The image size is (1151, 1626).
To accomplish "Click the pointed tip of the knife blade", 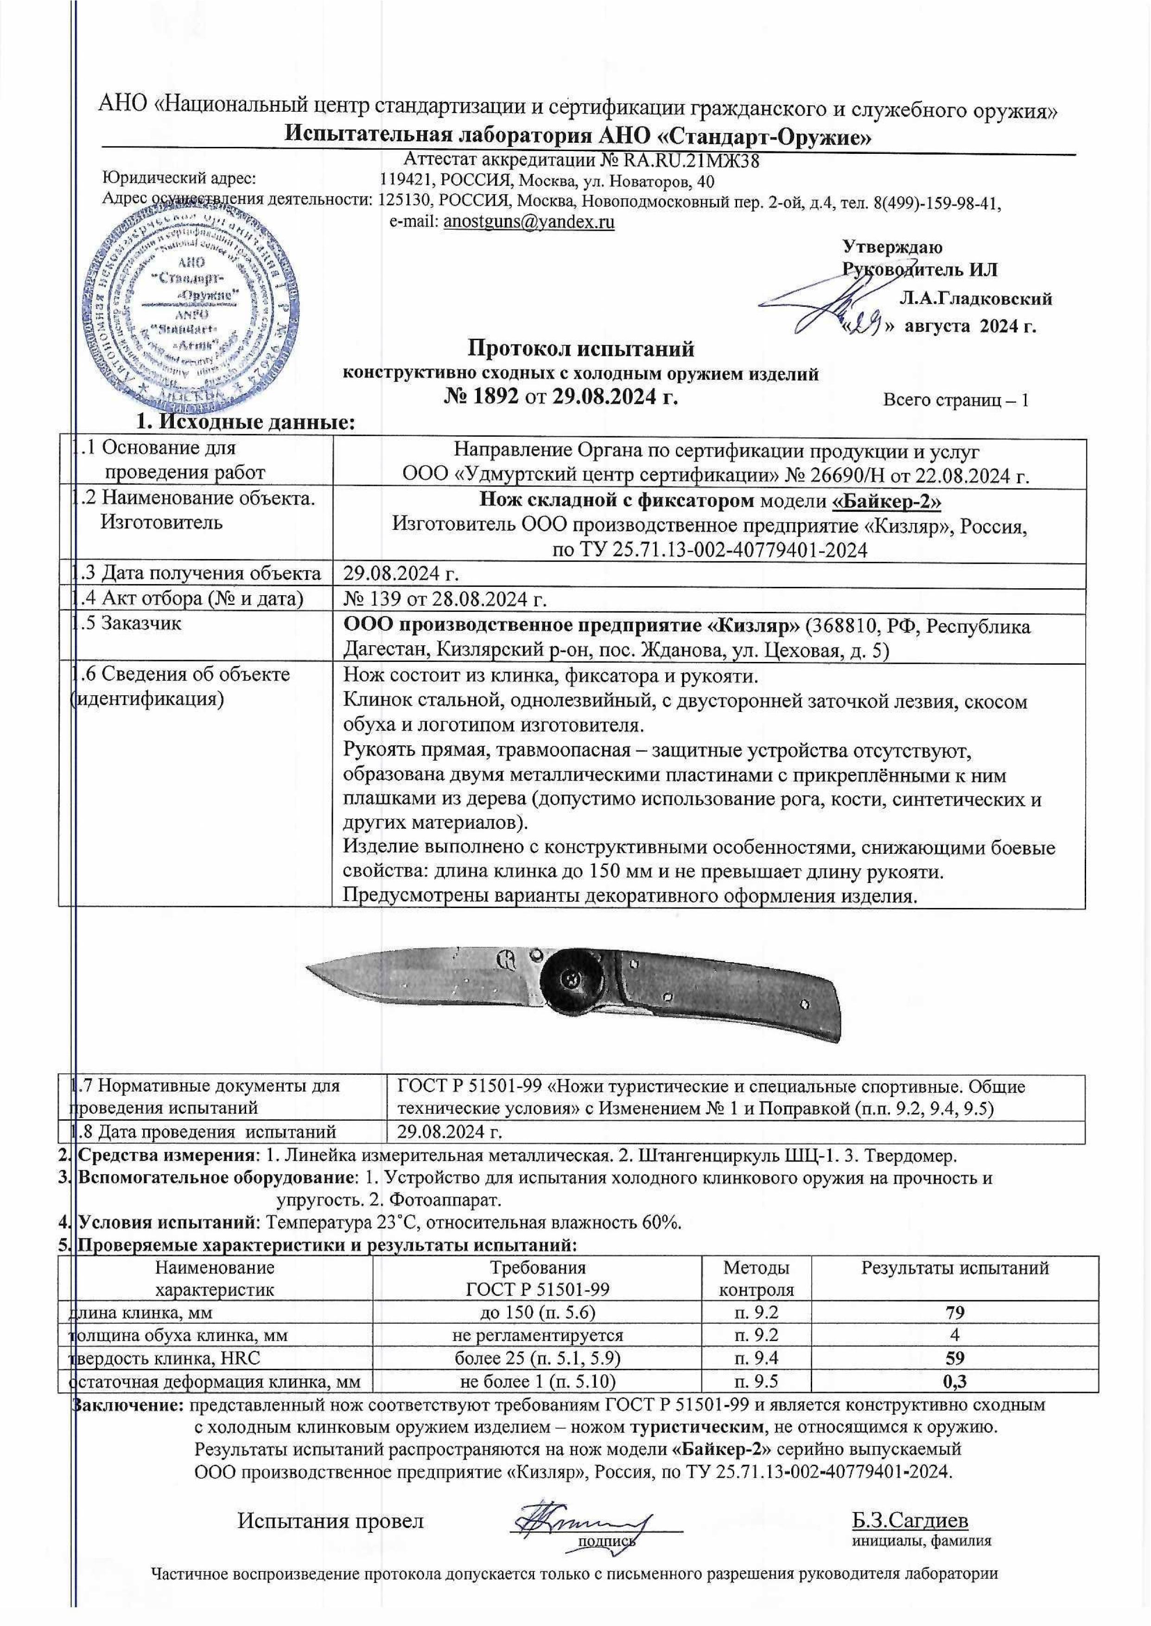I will pos(310,968).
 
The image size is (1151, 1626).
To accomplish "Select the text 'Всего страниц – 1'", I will pos(954,400).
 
